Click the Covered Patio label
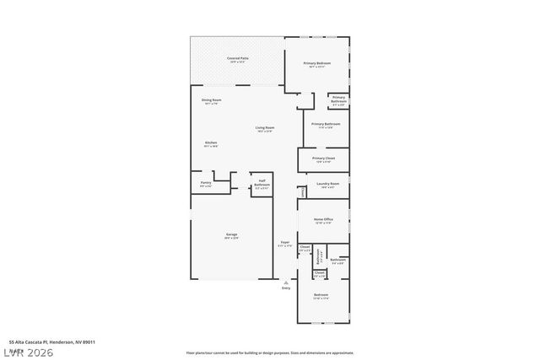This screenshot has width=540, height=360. pyautogui.click(x=236, y=58)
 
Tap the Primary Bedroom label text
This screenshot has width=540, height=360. pyautogui.click(x=316, y=63)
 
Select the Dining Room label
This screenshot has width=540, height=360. pyautogui.click(x=211, y=100)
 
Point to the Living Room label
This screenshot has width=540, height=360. pyautogui.click(x=265, y=127)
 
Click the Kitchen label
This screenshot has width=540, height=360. pyautogui.click(x=211, y=143)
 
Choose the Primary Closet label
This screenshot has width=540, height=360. pyautogui.click(x=323, y=159)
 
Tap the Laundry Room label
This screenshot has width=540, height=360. pyautogui.click(x=327, y=184)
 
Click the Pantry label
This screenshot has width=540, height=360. pyautogui.click(x=205, y=182)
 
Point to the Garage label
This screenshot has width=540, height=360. pyautogui.click(x=231, y=234)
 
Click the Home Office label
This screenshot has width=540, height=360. pyautogui.click(x=324, y=219)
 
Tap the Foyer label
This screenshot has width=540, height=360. pyautogui.click(x=285, y=243)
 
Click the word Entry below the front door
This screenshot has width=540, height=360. pyautogui.click(x=285, y=288)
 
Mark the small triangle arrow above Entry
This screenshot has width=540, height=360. pyautogui.click(x=285, y=282)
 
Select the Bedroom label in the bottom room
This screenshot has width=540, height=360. pyautogui.click(x=321, y=294)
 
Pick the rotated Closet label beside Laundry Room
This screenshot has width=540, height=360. pyautogui.click(x=302, y=192)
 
